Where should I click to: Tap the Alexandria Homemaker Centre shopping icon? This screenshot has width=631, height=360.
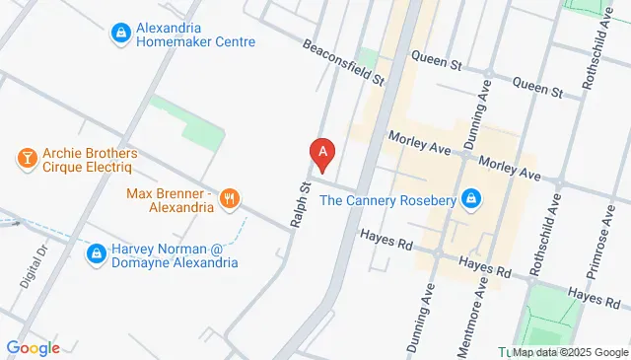[x=120, y=33]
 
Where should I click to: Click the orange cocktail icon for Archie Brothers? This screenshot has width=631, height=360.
[x=27, y=156]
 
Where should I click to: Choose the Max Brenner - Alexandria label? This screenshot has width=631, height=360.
[x=170, y=200]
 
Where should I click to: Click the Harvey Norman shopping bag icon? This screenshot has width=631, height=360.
[x=96, y=254]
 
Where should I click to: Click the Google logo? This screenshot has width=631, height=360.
[x=34, y=347]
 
